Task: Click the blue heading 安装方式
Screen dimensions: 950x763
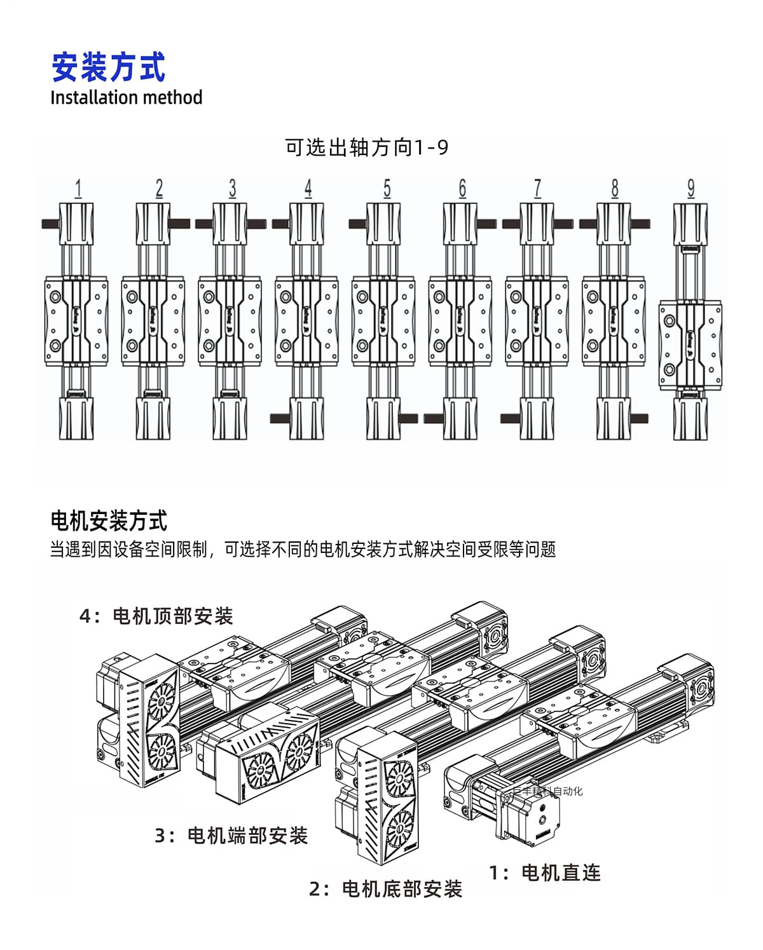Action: pyautogui.click(x=108, y=67)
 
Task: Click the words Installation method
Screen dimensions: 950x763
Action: pyautogui.click(x=126, y=98)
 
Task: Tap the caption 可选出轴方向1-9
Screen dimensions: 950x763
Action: pyautogui.click(x=367, y=147)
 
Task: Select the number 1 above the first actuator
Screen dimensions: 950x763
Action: pyautogui.click(x=78, y=189)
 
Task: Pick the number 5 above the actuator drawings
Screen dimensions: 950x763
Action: pyautogui.click(x=387, y=189)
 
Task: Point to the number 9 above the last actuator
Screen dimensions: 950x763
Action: pyautogui.click(x=691, y=189)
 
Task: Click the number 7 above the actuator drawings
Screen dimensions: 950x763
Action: pyautogui.click(x=538, y=189)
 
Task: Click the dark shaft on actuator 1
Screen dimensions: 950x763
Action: pyautogui.click(x=50, y=224)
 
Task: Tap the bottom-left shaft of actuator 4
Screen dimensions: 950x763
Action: pyautogui.click(x=280, y=418)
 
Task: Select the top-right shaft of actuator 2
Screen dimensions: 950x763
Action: pyautogui.click(x=180, y=224)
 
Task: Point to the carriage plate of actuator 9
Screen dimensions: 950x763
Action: pyautogui.click(x=691, y=343)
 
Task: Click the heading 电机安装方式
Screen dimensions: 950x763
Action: pyautogui.click(x=108, y=521)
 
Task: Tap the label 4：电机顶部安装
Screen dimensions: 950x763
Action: pyautogui.click(x=156, y=616)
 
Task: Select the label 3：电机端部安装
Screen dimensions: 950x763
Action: pyautogui.click(x=231, y=835)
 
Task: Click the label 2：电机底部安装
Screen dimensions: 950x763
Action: pyautogui.click(x=385, y=888)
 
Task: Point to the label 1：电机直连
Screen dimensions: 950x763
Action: pyautogui.click(x=544, y=872)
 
